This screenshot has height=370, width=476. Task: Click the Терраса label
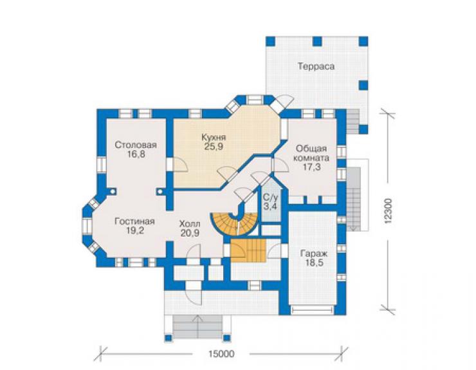[316, 66]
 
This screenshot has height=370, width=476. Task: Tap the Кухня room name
[214, 137]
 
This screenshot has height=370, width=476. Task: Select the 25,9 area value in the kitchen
[214, 147]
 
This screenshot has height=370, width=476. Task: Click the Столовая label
[136, 145]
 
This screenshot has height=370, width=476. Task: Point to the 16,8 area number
[136, 154]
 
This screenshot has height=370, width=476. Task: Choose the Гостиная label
[135, 221]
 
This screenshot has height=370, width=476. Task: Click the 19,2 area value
[135, 231]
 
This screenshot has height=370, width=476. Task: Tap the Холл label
[190, 224]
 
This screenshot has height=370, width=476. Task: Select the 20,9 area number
[190, 234]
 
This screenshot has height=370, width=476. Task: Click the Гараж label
[314, 254]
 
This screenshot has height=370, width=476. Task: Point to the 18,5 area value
[314, 263]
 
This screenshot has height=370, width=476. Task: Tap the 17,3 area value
[312, 167]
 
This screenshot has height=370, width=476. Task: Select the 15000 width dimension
[221, 354]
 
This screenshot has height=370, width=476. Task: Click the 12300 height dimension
[389, 212]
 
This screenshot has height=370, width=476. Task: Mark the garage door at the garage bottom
[312, 310]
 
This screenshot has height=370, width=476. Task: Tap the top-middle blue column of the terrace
[317, 41]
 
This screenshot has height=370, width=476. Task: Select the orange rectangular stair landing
[248, 250]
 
